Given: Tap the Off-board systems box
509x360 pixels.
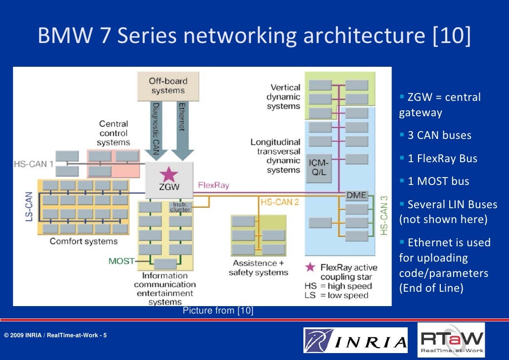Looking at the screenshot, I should click(x=168, y=86).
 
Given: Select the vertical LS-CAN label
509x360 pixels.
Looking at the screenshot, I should click(x=29, y=206).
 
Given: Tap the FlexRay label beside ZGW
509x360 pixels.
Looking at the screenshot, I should click(x=213, y=185).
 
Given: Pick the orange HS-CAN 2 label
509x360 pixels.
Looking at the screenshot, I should click(x=280, y=201).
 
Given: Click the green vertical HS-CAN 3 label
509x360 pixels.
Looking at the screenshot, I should click(x=384, y=215).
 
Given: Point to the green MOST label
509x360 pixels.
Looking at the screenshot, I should click(x=121, y=261).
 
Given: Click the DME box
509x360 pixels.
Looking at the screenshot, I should click(x=356, y=195).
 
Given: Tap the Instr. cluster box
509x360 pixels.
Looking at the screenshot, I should click(x=180, y=207).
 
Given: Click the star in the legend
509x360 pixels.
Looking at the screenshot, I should click(x=310, y=267).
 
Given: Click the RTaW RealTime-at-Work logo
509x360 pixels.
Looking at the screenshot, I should click(x=451, y=340).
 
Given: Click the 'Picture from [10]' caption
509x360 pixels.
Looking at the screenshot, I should click(x=218, y=311).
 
